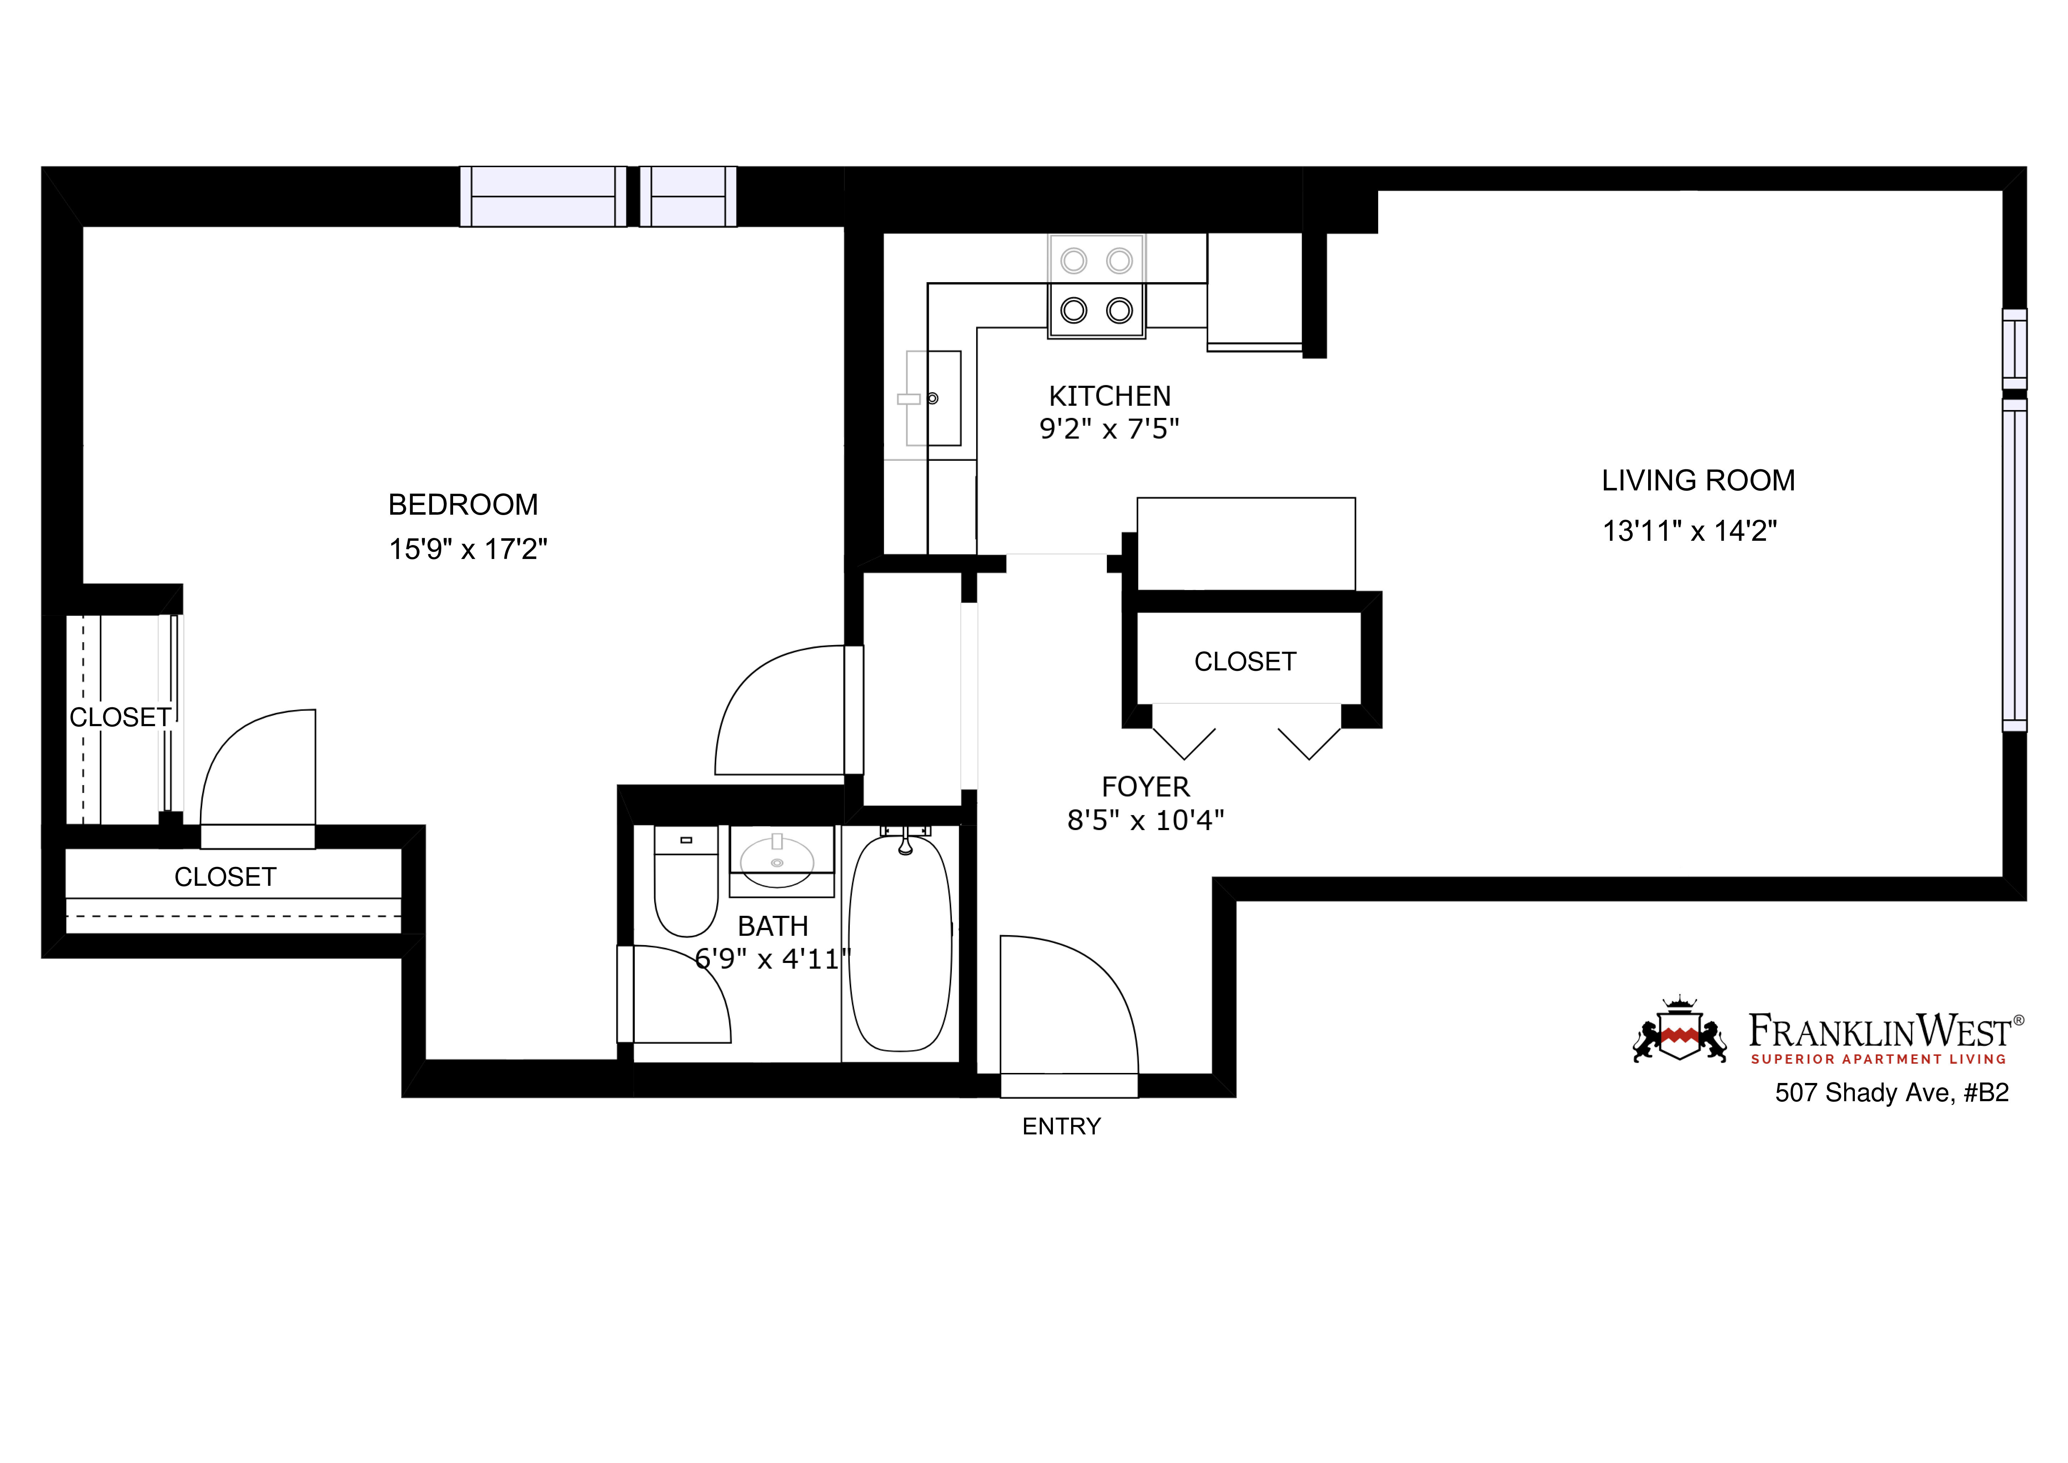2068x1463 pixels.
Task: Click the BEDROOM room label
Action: point(463,504)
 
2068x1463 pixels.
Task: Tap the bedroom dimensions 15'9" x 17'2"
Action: point(467,549)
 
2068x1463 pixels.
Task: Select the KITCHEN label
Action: point(1110,396)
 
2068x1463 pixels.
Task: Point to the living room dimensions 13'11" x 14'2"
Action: point(1689,531)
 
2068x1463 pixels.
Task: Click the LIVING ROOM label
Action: point(1698,480)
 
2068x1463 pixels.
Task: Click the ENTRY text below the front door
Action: point(1061,1126)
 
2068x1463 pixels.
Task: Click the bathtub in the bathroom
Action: point(900,946)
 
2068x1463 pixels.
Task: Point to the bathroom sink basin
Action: point(777,860)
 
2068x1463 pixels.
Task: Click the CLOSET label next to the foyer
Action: point(1245,661)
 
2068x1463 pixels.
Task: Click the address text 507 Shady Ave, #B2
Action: point(1892,1093)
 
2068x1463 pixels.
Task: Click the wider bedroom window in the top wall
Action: point(543,196)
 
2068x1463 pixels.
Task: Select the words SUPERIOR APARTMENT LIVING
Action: point(1878,1059)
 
